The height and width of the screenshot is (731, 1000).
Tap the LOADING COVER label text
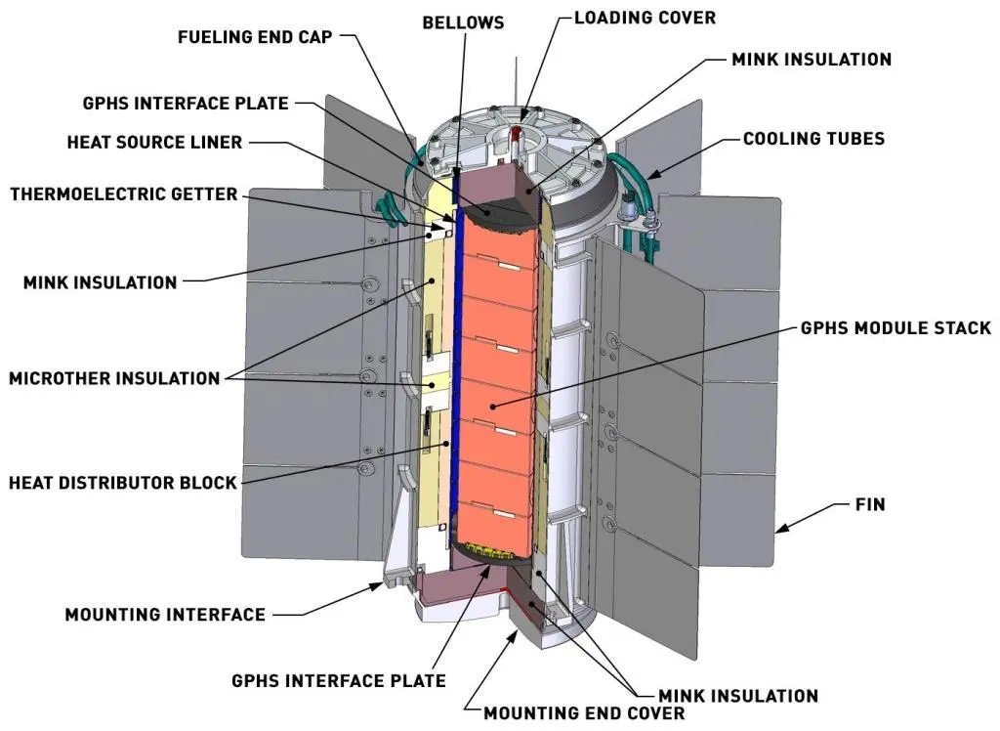click(645, 18)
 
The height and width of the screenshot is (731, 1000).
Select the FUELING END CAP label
click(255, 37)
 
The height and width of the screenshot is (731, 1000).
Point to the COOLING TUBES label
click(813, 139)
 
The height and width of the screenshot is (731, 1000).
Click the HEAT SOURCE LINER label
click(154, 142)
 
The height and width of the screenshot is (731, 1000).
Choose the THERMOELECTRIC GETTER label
click(123, 193)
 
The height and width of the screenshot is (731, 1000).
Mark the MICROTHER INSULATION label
click(114, 378)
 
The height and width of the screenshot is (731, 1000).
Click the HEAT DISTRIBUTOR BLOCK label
click(123, 483)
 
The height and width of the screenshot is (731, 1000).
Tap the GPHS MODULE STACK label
click(896, 328)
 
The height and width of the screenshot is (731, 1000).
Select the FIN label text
click(869, 504)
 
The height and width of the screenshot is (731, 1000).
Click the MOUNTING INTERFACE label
click(165, 615)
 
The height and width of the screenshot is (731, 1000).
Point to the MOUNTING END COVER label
click(584, 712)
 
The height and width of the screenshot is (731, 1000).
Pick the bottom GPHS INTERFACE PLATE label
click(339, 680)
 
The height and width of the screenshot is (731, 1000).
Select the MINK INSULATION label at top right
click(812, 60)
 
